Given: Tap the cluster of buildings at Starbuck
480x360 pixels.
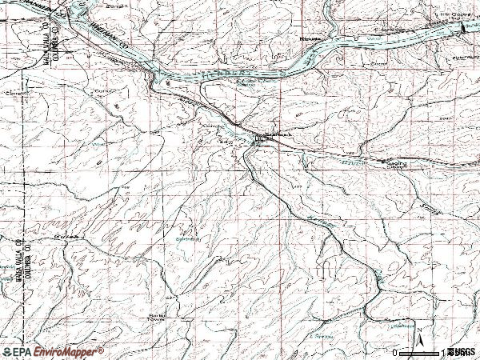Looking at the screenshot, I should (x=261, y=141).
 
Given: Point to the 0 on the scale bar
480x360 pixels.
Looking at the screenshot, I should (x=394, y=352).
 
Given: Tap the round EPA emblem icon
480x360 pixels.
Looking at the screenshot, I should (x=9, y=351).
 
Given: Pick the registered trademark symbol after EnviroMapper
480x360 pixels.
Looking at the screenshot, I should (x=102, y=349).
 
